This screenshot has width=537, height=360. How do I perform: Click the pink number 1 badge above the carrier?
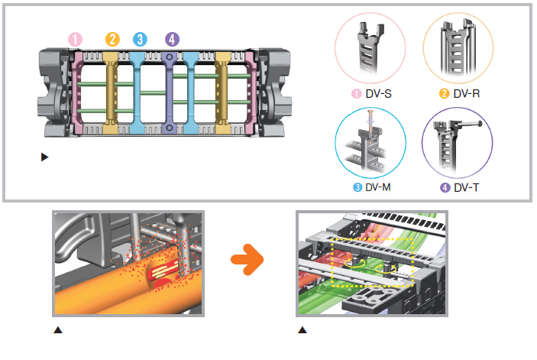[75, 38]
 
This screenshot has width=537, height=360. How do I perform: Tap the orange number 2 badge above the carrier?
[112, 38]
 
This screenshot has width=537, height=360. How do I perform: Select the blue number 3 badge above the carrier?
[138, 38]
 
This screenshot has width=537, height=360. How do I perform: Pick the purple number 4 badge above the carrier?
[172, 38]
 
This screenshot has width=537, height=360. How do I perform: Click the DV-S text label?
[379, 94]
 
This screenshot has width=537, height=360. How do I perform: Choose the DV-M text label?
[379, 186]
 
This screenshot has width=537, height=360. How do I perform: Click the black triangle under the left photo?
[57, 330]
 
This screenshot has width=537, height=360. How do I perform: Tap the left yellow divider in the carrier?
[112, 92]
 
